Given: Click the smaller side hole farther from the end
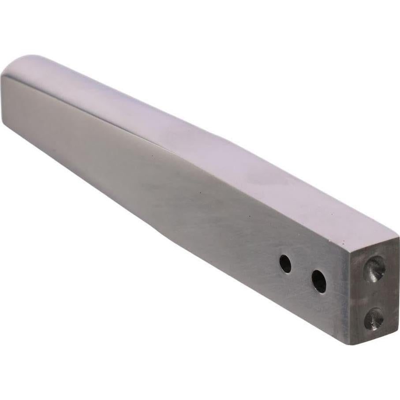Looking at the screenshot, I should [285, 264].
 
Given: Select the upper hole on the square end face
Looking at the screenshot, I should [374, 269].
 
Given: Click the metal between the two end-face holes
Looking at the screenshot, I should [374, 294].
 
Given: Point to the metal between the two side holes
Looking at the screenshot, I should [302, 273].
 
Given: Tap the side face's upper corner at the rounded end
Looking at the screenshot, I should [4, 76].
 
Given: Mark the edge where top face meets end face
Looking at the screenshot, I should [375, 245].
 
